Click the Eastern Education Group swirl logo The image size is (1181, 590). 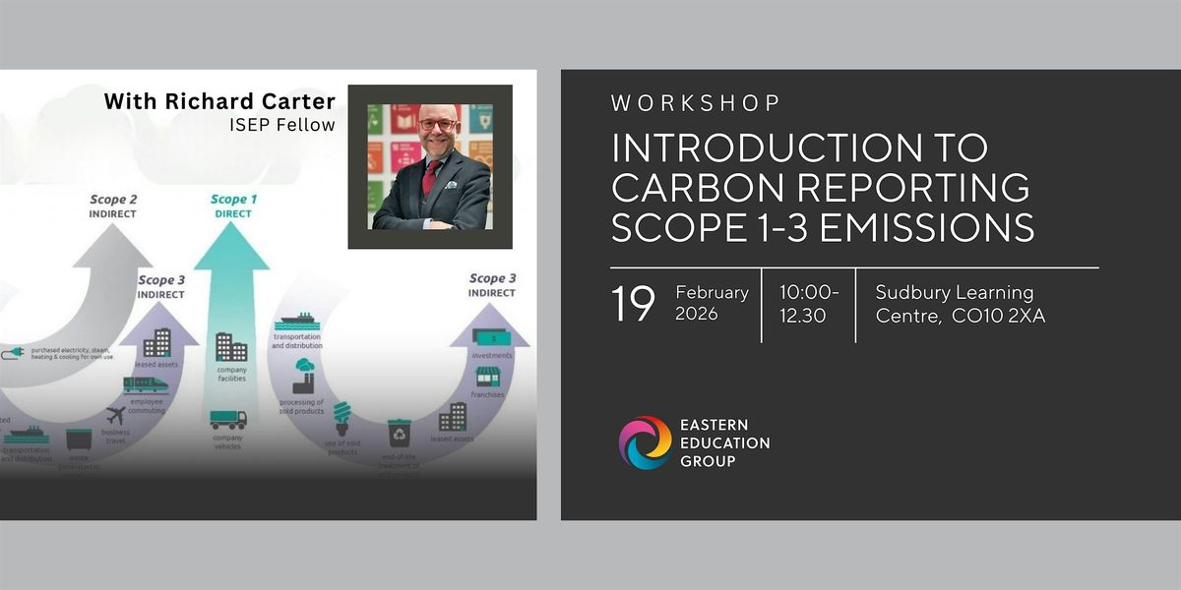point(645,442)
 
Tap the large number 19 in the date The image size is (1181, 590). point(633,305)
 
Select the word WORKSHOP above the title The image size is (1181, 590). point(696,102)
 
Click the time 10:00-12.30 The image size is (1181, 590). point(808,303)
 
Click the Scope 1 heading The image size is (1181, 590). point(234,201)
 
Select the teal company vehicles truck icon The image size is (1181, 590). point(228,420)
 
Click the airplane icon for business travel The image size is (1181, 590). point(116,415)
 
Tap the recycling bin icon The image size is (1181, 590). point(399,432)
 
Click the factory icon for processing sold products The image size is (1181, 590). point(303,377)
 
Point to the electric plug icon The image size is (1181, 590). point(14,351)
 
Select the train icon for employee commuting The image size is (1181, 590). point(146,384)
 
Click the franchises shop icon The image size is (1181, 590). point(487,377)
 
